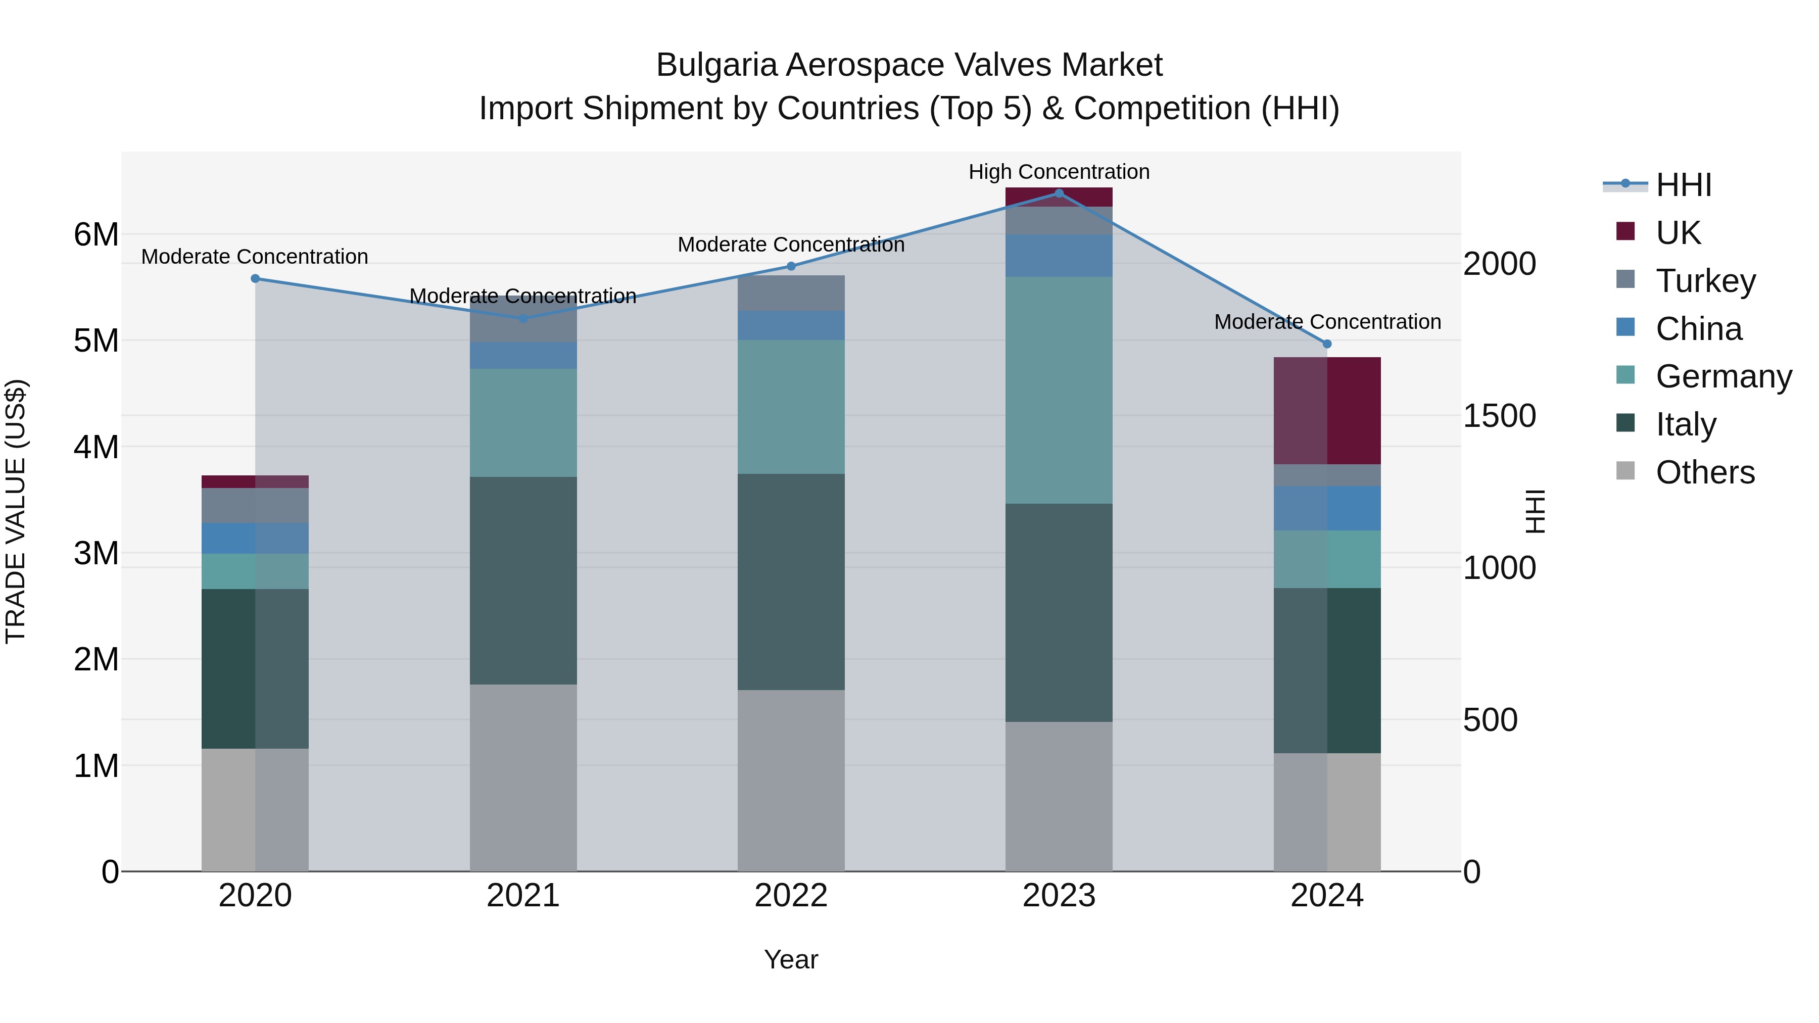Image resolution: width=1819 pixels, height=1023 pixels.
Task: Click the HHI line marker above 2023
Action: [1059, 193]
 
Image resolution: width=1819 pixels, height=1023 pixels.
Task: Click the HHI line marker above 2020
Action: [255, 278]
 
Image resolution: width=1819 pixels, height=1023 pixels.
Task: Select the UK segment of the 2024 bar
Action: [1327, 410]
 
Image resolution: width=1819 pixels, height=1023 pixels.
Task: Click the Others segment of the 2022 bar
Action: [791, 780]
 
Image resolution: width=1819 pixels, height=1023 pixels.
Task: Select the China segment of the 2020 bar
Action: [255, 538]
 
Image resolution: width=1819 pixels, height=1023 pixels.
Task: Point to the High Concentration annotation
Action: [1059, 172]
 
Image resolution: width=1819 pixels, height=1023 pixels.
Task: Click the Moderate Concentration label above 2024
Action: [1327, 321]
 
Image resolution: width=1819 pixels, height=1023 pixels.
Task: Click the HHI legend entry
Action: [1683, 185]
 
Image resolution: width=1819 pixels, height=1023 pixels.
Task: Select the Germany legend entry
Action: [1723, 376]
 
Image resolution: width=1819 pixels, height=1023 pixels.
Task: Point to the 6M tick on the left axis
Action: [96, 234]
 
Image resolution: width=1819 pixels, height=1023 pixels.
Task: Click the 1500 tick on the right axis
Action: [1499, 416]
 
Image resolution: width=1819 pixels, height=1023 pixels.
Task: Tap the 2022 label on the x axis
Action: [791, 896]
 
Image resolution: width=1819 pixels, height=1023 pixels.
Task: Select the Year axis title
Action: [791, 959]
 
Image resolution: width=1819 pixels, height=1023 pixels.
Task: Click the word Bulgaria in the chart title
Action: [716, 65]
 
